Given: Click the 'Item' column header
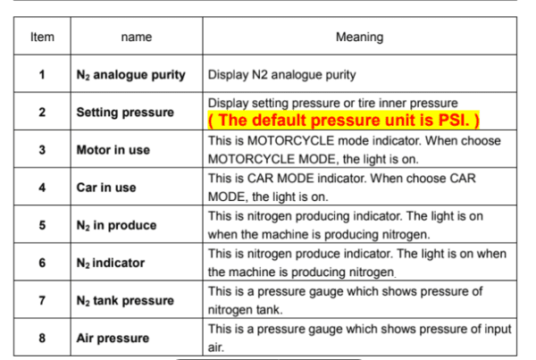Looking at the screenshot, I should tap(42, 38).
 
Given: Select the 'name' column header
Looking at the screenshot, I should tap(136, 38).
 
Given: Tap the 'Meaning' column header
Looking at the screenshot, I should tap(359, 38).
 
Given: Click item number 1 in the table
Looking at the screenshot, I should tap(42, 75).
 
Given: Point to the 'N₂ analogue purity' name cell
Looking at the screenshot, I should tap(130, 75).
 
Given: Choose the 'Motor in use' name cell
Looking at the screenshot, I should tap(113, 150).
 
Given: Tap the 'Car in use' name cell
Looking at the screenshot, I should tap(106, 188).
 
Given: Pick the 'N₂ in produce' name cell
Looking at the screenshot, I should tap(116, 226).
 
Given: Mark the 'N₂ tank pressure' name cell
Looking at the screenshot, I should tap(124, 301).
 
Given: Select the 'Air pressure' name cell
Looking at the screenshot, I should tap(112, 339).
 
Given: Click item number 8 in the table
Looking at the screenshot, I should tap(42, 339).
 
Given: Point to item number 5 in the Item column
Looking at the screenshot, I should tap(42, 226).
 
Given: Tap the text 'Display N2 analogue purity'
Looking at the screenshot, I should tap(281, 75).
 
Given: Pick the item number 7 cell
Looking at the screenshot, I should tap(42, 301).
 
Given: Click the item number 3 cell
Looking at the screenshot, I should tap(42, 150).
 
